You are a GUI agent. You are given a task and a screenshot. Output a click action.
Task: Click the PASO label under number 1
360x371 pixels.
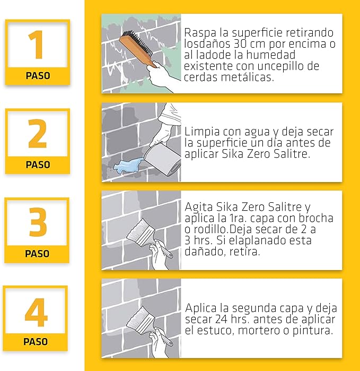[x=38, y=76]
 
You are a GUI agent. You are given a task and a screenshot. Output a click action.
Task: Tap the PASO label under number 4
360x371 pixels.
[x=36, y=342]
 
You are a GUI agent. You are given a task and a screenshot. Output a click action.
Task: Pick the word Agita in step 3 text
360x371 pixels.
[x=197, y=206]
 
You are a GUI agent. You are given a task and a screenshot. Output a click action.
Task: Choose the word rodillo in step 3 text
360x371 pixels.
[x=205, y=229]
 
